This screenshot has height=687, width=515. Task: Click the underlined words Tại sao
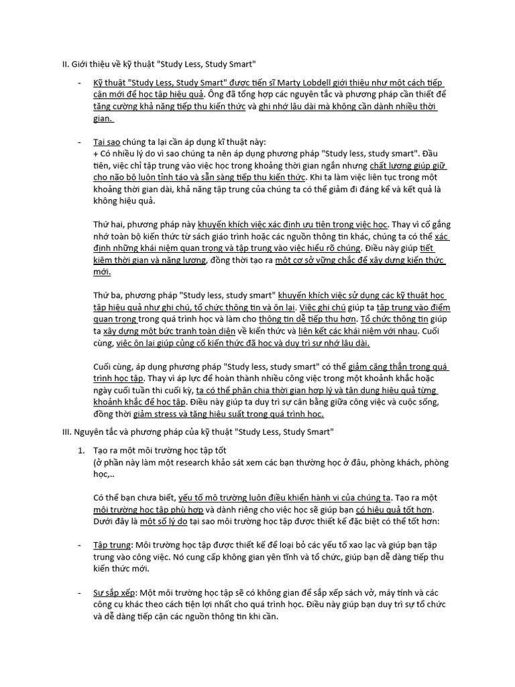click(x=107, y=143)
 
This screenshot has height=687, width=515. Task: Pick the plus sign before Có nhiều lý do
click(x=95, y=154)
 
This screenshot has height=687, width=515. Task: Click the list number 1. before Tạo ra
click(x=82, y=450)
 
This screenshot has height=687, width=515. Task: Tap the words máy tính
click(x=400, y=594)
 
